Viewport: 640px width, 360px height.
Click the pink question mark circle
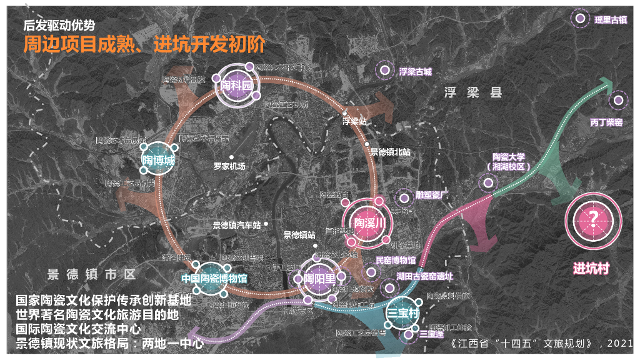(x=592, y=221)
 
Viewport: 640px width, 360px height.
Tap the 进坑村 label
(x=591, y=269)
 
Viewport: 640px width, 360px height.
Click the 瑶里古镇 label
(x=610, y=20)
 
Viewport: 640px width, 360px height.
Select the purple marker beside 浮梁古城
(x=381, y=71)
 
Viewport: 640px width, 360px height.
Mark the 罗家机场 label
(x=229, y=166)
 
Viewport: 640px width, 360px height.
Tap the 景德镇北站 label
(x=390, y=152)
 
